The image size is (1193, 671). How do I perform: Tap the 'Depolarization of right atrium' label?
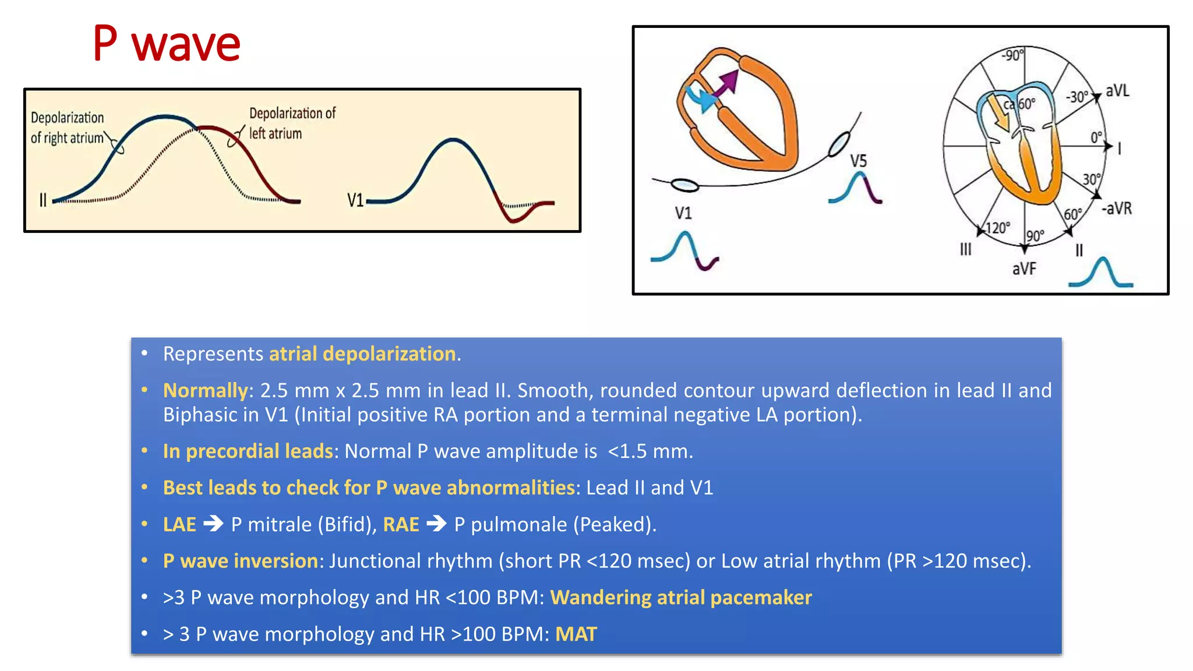[68, 128]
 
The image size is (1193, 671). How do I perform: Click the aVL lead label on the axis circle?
[1117, 91]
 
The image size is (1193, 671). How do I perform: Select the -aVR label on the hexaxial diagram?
[1116, 208]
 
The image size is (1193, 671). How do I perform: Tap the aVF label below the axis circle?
[1024, 269]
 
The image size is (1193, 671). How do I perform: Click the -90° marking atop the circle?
[1012, 55]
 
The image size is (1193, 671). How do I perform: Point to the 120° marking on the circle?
[997, 228]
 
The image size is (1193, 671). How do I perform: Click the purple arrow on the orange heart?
[728, 84]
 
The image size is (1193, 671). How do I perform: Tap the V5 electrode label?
[858, 161]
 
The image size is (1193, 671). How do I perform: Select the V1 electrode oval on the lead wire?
[684, 185]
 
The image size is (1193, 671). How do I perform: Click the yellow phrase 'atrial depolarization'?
[362, 354]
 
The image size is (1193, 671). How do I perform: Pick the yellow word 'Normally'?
[205, 390]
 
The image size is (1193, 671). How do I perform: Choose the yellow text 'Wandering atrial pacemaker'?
[680, 598]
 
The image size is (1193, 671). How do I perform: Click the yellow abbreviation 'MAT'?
[576, 634]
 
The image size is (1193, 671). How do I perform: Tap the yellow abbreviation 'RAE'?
[401, 525]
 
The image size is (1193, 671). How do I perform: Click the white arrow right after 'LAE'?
[213, 524]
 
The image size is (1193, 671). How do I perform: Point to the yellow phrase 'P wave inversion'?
[241, 561]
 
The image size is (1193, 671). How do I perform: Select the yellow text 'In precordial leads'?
[248, 451]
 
